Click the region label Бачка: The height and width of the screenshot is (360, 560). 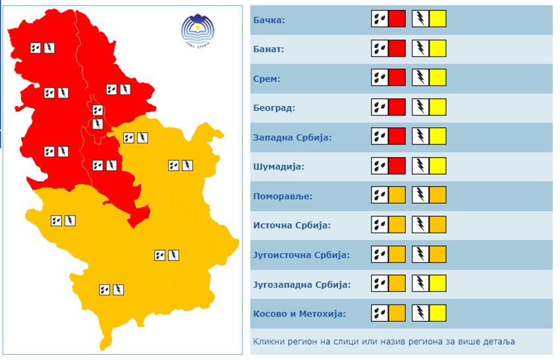[269, 20]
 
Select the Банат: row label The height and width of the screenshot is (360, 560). [269, 49]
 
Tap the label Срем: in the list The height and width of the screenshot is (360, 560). [267, 79]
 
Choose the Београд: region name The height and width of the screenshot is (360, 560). [274, 108]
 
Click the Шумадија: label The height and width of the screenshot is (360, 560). [279, 167]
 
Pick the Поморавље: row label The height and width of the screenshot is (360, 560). [283, 196]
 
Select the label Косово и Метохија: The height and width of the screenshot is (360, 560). [299, 314]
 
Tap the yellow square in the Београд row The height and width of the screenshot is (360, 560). [438, 107]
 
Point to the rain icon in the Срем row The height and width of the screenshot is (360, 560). [379, 78]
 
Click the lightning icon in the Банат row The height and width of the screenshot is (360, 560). [420, 48]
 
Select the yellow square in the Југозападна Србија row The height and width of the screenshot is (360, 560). [438, 284]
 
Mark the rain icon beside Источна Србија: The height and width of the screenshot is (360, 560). [379, 225]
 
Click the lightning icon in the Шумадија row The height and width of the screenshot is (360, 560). [420, 166]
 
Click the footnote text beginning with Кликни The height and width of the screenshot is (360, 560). [383, 342]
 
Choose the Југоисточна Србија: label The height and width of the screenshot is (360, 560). [301, 255]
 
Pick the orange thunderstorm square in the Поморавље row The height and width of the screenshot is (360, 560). [438, 195]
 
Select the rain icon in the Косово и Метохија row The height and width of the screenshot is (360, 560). [379, 313]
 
